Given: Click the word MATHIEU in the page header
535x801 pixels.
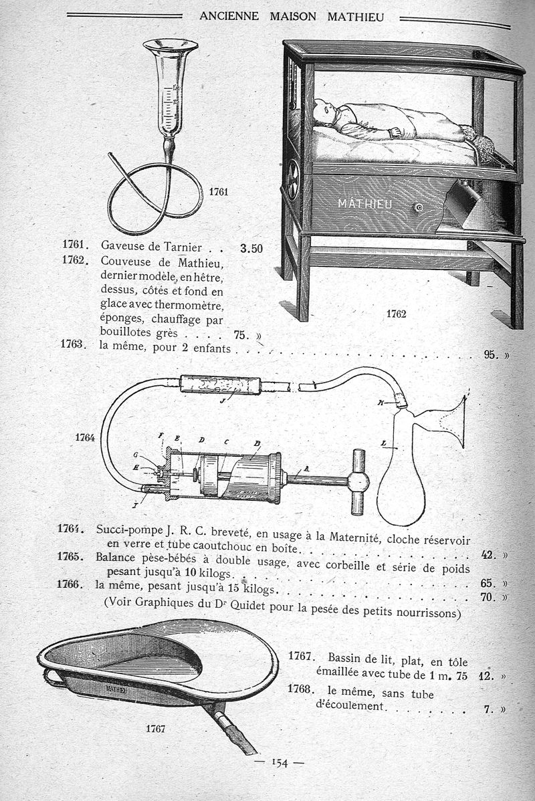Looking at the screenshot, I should coord(356,16).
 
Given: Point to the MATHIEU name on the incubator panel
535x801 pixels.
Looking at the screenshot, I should coord(364,203).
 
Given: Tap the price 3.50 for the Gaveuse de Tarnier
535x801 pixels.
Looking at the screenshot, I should coord(251,249).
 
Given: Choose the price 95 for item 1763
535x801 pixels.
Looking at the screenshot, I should coord(492,354).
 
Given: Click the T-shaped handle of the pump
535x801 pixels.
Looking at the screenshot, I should coord(358,481).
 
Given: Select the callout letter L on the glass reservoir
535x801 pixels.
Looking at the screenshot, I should coord(383,443).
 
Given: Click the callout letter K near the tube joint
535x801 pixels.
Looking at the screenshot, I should coord(381,403).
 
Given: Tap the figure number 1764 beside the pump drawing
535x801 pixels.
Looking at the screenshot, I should coord(86,438).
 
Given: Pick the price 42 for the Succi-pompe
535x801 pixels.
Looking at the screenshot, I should coord(489,554).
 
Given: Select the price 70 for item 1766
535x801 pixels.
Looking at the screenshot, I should coord(489,596).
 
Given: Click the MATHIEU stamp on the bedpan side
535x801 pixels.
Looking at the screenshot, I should coord(118,687).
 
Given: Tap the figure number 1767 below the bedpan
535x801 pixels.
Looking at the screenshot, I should coord(155,729).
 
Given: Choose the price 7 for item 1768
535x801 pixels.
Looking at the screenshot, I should coord(489,710).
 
